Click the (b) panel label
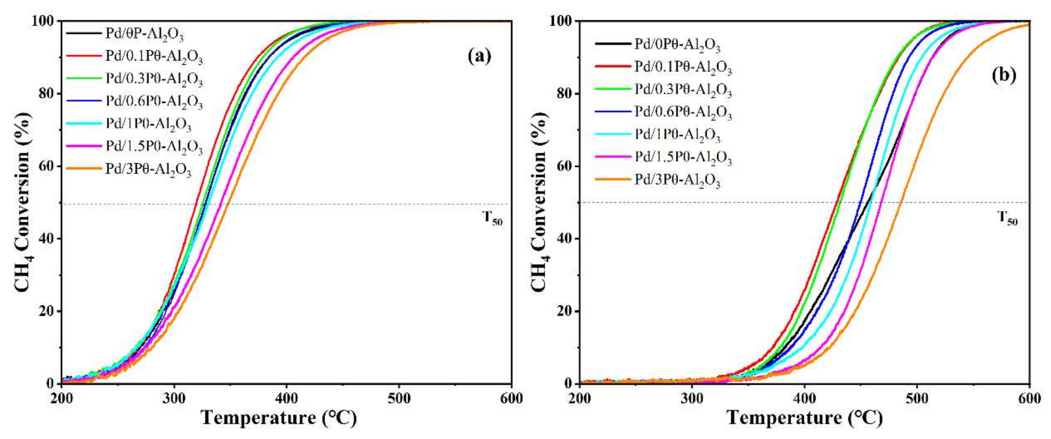coord(1004,75)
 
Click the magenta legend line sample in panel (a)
coord(83,146)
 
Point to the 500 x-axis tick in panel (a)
coord(399,398)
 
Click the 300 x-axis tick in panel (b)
coord(692,398)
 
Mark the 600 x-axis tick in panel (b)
coord(1029,398)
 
